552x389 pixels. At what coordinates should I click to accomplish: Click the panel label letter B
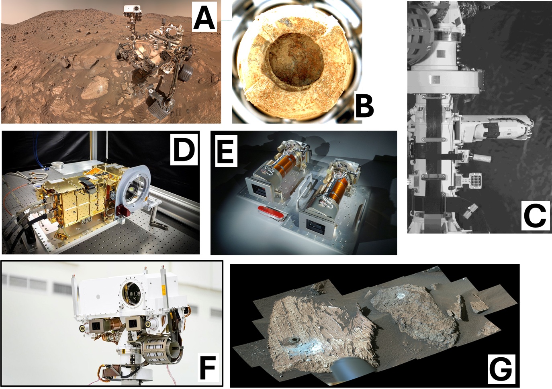point(364,107)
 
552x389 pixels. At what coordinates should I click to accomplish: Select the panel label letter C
point(535,216)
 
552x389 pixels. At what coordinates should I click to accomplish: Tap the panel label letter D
point(184,149)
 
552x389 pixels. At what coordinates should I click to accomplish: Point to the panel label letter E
point(226,151)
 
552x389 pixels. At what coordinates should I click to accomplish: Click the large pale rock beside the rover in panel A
point(94,88)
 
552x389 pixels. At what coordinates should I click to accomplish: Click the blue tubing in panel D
point(40,153)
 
